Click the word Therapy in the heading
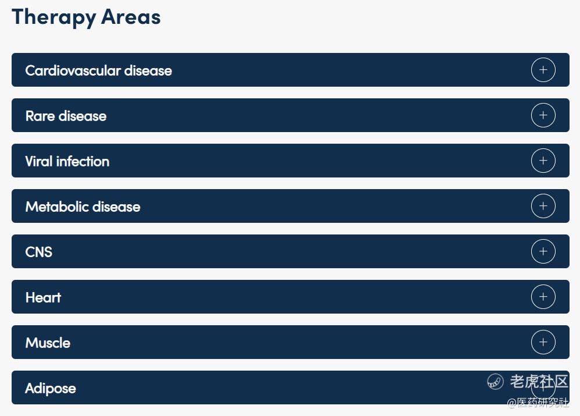(54, 17)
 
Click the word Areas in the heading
(131, 17)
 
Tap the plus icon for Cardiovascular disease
(543, 70)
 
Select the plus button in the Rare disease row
(543, 115)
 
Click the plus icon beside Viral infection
(543, 161)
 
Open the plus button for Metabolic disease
(543, 206)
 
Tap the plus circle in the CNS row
(543, 251)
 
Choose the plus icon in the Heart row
(543, 297)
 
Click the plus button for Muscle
(543, 342)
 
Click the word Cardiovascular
(73, 70)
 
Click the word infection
(83, 161)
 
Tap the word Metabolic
(57, 207)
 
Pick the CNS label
(39, 252)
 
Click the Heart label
(43, 297)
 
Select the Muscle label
(48, 343)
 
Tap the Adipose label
(51, 389)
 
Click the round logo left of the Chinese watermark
(495, 382)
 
